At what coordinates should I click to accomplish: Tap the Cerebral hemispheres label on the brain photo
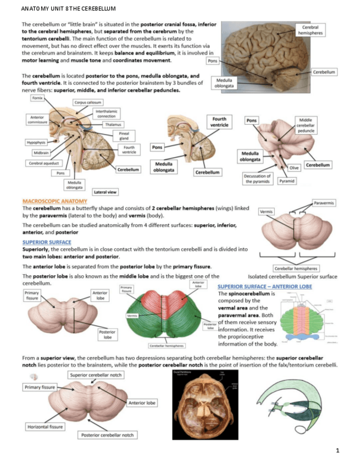click(311, 30)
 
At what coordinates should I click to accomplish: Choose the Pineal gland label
click(124, 136)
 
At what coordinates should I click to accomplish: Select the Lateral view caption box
click(105, 192)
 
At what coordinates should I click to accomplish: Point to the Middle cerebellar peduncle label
click(306, 125)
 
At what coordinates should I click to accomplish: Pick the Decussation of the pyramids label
click(257, 179)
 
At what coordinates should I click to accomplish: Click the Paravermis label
click(324, 203)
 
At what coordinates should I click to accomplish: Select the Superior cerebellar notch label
click(96, 375)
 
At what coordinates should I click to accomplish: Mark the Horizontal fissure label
click(45, 426)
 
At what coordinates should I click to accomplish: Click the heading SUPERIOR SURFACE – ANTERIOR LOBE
click(264, 286)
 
